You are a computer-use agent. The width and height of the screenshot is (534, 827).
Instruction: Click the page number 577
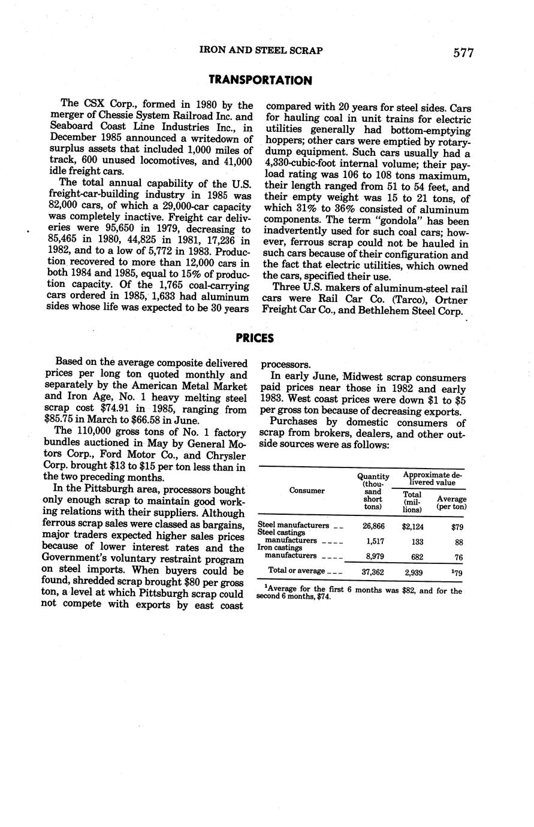(x=463, y=53)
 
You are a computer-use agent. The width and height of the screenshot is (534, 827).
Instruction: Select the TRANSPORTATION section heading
(x=260, y=80)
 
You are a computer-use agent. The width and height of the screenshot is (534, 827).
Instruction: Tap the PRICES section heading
(x=254, y=339)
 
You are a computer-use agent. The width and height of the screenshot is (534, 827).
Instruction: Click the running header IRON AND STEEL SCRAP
(x=261, y=51)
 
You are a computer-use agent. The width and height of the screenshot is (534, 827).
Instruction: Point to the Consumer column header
(x=307, y=490)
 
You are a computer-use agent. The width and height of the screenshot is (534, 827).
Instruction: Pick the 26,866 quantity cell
(x=373, y=526)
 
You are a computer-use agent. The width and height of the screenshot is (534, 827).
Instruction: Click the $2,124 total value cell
(x=413, y=526)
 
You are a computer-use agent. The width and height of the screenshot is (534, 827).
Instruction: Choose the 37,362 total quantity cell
(x=373, y=572)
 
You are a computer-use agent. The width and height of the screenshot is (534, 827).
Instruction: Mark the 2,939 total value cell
(x=414, y=572)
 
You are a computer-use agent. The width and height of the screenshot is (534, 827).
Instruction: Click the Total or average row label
(x=296, y=571)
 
